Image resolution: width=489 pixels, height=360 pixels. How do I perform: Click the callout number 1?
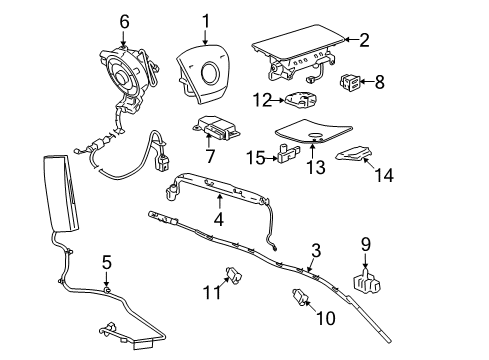click(205, 19)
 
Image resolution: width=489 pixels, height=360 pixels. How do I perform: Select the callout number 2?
click(364, 40)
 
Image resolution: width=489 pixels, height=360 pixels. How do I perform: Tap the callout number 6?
click(125, 20)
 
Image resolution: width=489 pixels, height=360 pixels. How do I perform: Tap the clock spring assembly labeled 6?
click(128, 72)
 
